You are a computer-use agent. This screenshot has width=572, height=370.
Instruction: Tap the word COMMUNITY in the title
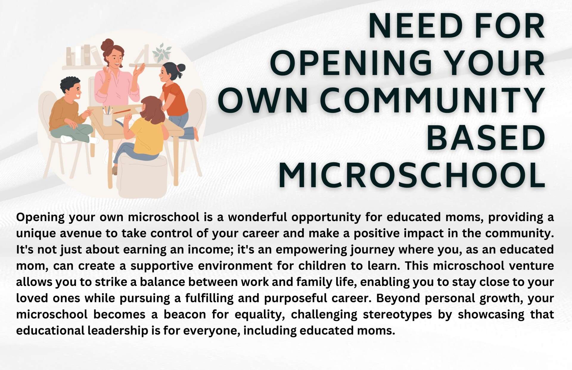pyautogui.click(x=434, y=100)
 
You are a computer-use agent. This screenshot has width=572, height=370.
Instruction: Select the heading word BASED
pyautogui.click(x=486, y=138)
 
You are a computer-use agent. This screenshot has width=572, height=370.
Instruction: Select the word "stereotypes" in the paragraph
pyautogui.click(x=397, y=315)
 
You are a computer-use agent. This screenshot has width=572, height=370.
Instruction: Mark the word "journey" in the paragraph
pyautogui.click(x=372, y=250)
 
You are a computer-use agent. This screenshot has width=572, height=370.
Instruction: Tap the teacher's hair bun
pyautogui.click(x=107, y=45)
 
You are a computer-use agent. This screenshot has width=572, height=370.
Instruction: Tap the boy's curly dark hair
pyautogui.click(x=69, y=83)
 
